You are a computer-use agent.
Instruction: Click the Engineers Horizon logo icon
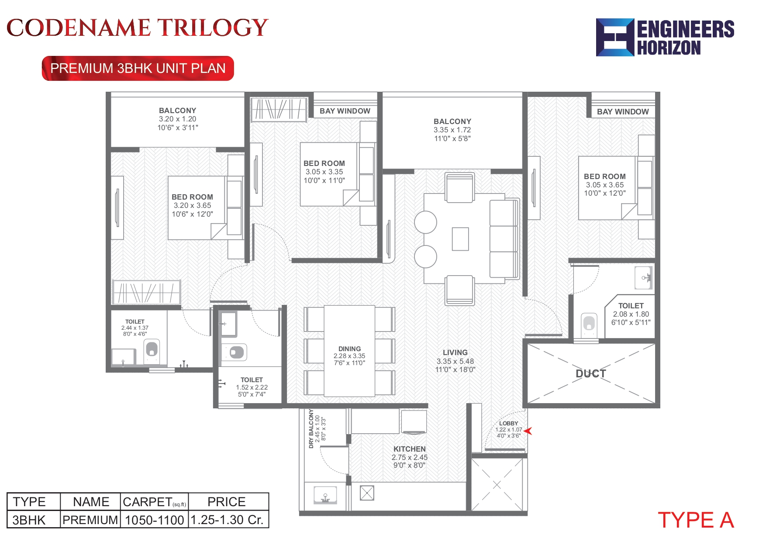tap(614, 37)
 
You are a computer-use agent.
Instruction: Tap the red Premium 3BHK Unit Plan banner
tap(138, 69)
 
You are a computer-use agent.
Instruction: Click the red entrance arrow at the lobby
tap(528, 431)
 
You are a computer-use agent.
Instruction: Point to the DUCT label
tap(591, 374)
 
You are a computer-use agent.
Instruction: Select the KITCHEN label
tap(409, 449)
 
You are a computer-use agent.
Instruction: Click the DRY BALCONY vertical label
tap(311, 429)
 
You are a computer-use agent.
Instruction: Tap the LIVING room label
tap(455, 352)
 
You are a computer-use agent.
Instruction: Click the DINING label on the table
tap(349, 349)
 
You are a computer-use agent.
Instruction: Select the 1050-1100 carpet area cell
tap(154, 520)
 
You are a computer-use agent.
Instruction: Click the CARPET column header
tap(154, 502)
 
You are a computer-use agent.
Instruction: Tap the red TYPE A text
tap(696, 520)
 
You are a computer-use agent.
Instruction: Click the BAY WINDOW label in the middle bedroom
tap(345, 111)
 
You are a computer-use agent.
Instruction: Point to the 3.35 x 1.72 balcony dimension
tap(452, 130)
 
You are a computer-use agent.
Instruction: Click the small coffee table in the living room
tap(460, 239)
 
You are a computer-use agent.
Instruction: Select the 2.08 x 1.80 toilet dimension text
tap(631, 314)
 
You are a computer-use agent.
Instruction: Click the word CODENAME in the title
tap(79, 28)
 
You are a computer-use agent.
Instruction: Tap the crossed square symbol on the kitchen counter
tap(367, 493)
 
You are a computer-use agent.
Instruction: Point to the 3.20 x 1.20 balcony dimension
tap(177, 119)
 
